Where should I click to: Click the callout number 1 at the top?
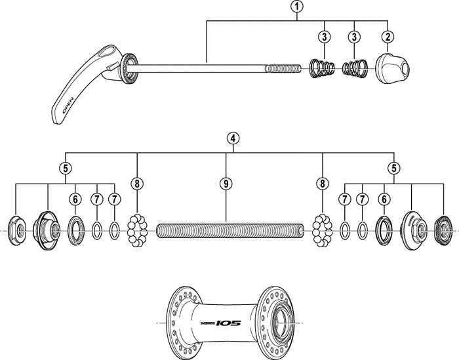(298, 7)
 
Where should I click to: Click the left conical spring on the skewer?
(322, 67)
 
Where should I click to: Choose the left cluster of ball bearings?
(136, 230)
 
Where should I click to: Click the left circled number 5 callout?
(65, 167)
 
